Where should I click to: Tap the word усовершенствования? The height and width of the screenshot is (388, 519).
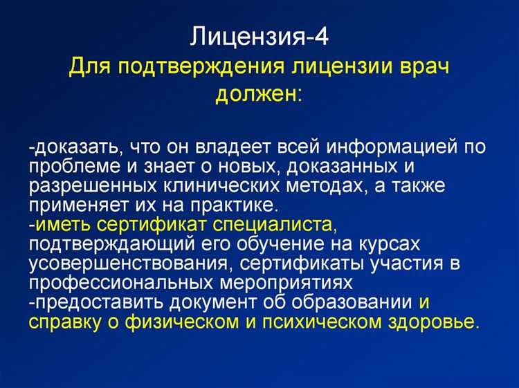pyautogui.click(x=125, y=264)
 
